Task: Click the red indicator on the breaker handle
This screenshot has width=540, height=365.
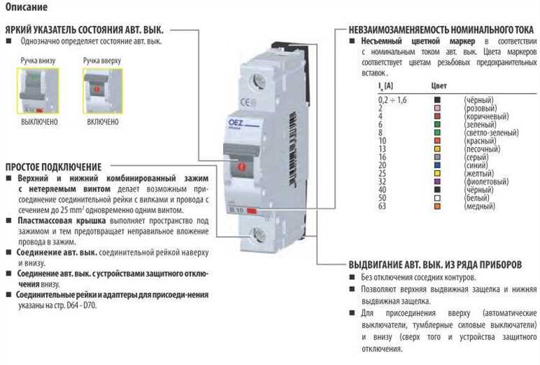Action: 241,167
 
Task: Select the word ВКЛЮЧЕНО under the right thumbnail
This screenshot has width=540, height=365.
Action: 103,122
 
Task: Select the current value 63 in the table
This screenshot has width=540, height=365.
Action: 382,207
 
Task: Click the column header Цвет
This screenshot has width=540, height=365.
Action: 439,87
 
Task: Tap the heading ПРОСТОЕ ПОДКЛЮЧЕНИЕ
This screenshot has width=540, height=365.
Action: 53,166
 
